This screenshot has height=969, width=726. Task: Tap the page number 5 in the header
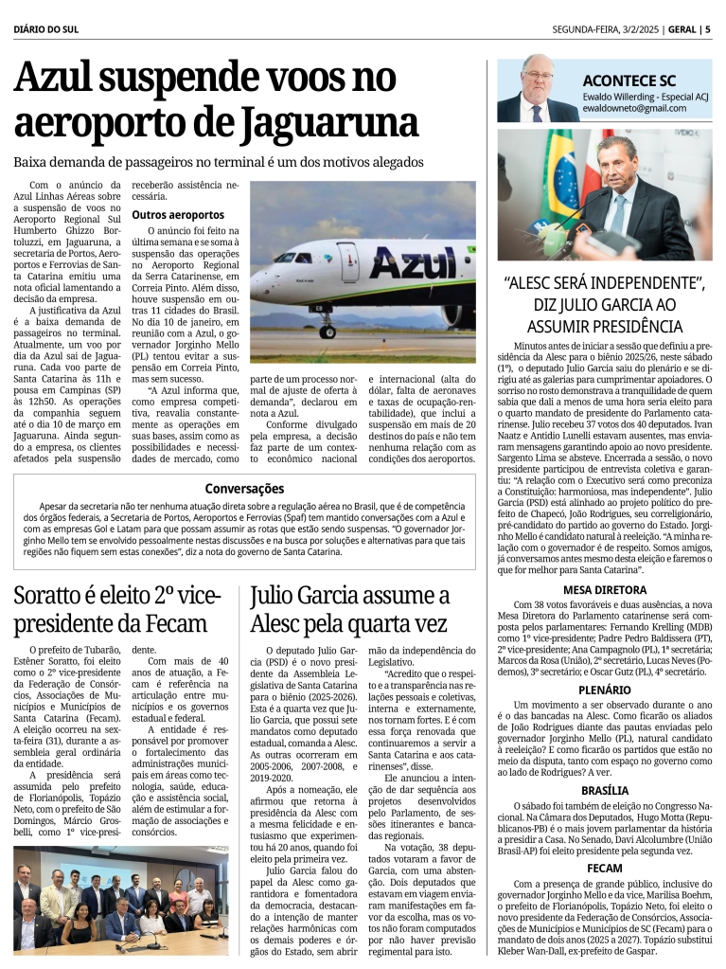(708, 28)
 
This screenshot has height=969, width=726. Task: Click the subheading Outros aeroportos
(178, 215)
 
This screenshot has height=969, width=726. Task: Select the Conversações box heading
(244, 489)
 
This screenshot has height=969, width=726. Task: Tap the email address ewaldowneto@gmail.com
(635, 109)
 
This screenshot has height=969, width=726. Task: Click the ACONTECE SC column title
(629, 81)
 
